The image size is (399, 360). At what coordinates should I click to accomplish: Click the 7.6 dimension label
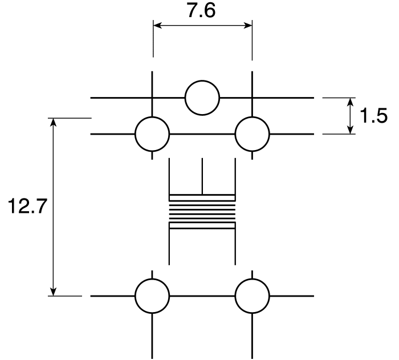pyautogui.click(x=202, y=11)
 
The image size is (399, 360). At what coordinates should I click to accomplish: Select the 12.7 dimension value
pyautogui.click(x=27, y=206)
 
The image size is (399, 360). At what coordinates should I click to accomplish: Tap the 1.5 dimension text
pyautogui.click(x=373, y=116)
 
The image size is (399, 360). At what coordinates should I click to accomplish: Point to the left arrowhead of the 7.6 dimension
pyautogui.click(x=157, y=26)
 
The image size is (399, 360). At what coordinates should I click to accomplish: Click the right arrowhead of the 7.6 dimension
pyautogui.click(x=248, y=26)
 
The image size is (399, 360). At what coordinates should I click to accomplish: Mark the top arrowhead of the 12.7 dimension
pyautogui.click(x=53, y=122)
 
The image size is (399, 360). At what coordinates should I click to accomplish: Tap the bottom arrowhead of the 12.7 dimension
pyautogui.click(x=53, y=292)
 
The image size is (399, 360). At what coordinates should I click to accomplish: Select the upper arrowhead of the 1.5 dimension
pyautogui.click(x=351, y=102)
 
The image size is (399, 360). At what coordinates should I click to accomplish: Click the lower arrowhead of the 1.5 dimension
pyautogui.click(x=351, y=130)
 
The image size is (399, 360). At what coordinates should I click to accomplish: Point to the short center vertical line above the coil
pyautogui.click(x=202, y=176)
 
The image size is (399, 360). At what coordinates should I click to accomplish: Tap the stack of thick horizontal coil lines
pyautogui.click(x=202, y=212)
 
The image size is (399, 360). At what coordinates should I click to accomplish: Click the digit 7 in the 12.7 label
pyautogui.click(x=40, y=206)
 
